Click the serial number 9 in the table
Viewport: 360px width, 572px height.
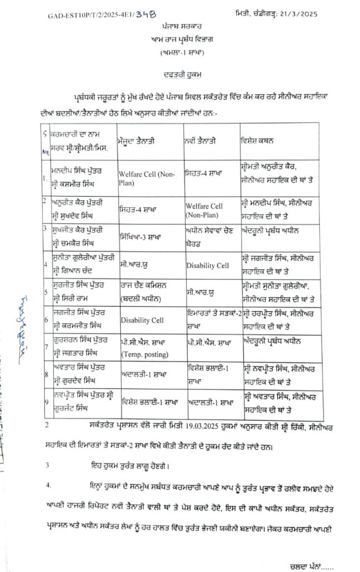tap(48, 399)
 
